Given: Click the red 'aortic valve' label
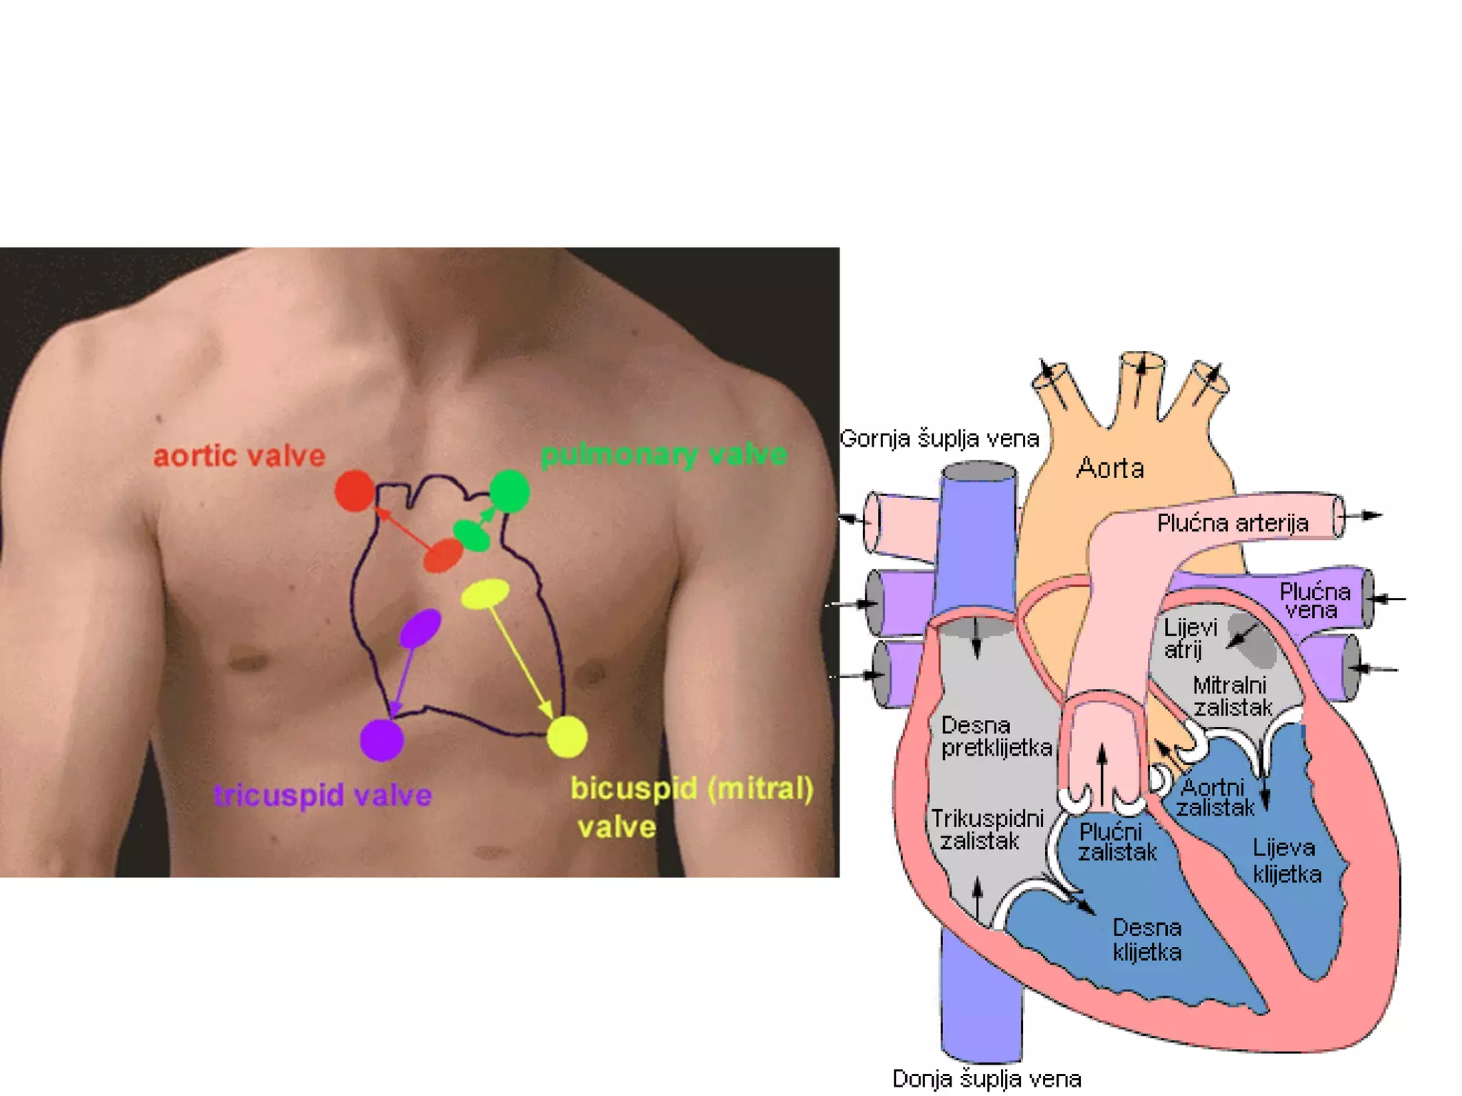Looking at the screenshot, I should click(x=239, y=456).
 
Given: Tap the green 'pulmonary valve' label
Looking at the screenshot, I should click(x=663, y=455).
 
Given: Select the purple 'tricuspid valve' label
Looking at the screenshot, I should click(x=323, y=795).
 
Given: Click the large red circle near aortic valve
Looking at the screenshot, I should click(x=355, y=491).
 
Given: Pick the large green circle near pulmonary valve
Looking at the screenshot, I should click(x=509, y=491).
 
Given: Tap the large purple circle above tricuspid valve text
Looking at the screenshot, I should click(x=382, y=740).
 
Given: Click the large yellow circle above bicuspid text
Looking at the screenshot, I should click(x=567, y=736).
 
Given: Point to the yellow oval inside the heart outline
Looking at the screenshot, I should click(x=485, y=594).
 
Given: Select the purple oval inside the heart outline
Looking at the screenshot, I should click(x=420, y=629).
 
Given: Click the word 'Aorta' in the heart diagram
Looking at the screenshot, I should click(x=1110, y=468).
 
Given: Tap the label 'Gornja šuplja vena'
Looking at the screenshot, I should click(x=939, y=438).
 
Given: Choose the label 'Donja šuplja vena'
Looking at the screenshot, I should click(x=987, y=1078).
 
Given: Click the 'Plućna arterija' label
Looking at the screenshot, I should click(x=1232, y=523).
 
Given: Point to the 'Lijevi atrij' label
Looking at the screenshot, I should click(x=1189, y=639).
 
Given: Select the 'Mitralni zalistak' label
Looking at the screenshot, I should click(x=1231, y=696).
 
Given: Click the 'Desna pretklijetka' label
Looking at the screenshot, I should click(x=995, y=736).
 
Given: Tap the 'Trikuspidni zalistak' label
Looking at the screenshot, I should click(x=987, y=829).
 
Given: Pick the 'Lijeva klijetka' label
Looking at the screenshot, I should click(x=1286, y=861).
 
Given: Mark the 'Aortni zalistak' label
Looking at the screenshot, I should click(x=1214, y=798).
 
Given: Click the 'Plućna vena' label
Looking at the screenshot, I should click(x=1314, y=600).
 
